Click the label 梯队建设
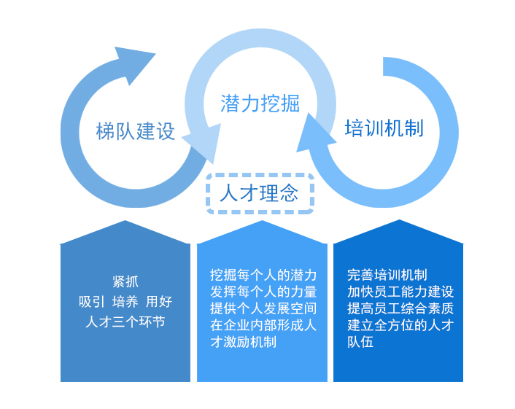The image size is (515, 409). tap(136, 131)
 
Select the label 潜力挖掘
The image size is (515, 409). tap(260, 104)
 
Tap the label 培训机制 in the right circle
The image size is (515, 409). tap(384, 128)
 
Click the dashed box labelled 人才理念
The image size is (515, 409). tap(260, 193)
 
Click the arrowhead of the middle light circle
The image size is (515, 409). tap(202, 142)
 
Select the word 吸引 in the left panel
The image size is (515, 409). tap(92, 302)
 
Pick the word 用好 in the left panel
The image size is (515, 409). tap(159, 302)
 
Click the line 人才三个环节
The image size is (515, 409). tap(125, 322)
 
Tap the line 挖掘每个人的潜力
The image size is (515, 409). tap(263, 276)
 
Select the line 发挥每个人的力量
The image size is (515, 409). tap(263, 292)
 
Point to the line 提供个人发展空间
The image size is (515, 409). tap(263, 309)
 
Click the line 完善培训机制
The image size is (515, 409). tap(387, 276)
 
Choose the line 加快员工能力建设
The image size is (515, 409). tap(400, 292)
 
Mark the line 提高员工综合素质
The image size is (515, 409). tap(400, 309)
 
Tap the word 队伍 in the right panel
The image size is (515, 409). tap(360, 342)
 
